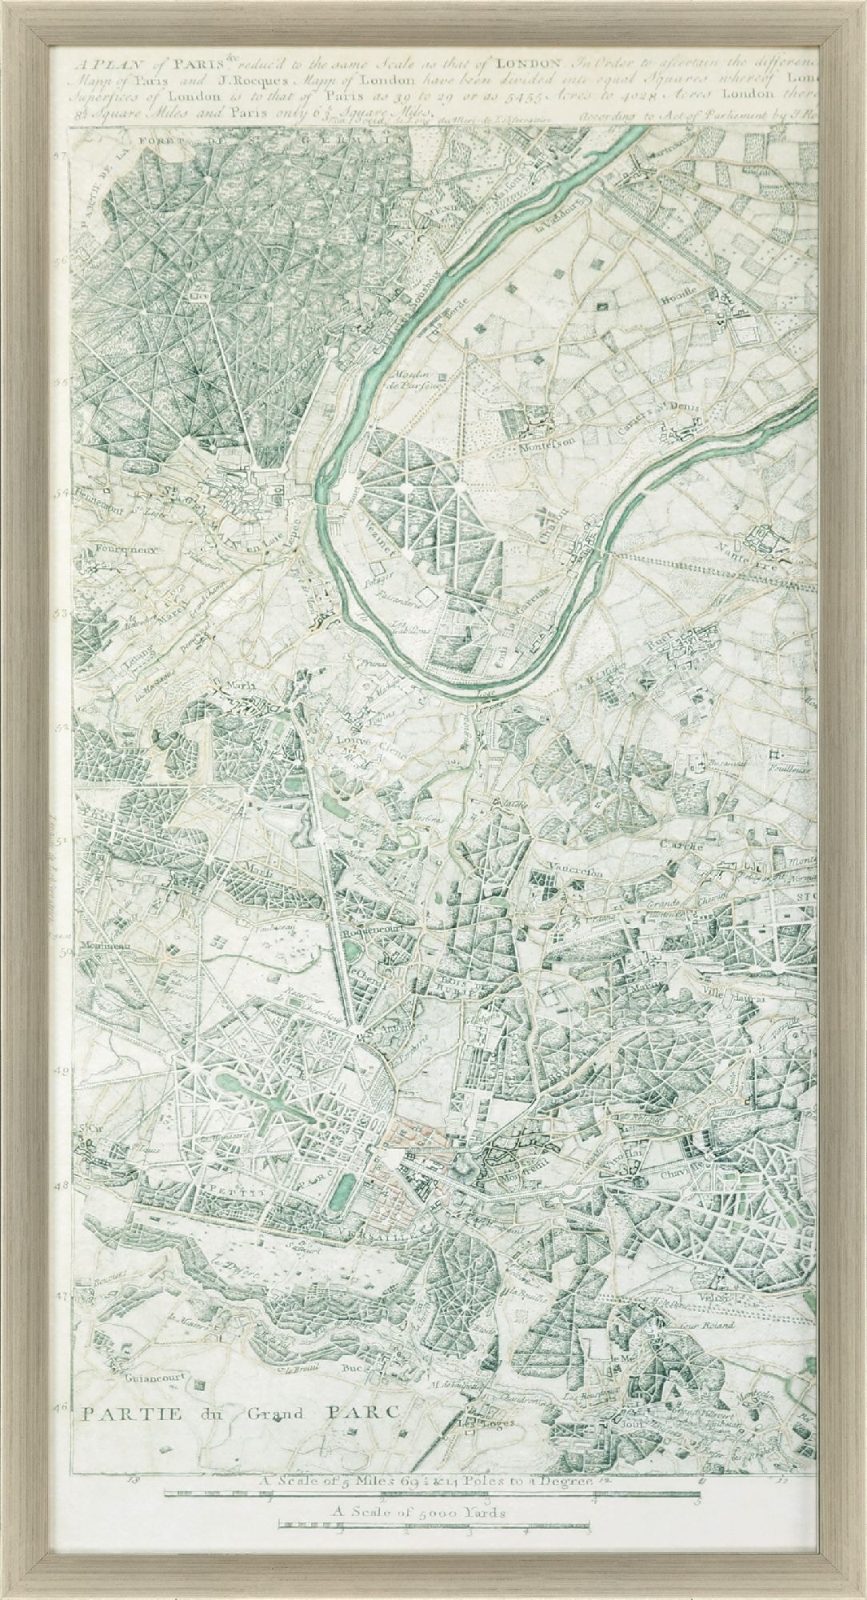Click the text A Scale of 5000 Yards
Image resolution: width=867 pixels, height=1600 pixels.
(x=432, y=1512)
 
